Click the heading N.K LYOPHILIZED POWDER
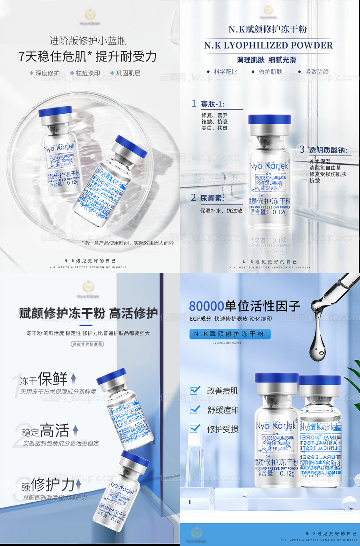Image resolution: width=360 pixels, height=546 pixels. (268, 45)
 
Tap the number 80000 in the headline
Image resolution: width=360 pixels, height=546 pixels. (206, 306)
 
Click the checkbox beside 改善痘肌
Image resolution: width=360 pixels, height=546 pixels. (195, 390)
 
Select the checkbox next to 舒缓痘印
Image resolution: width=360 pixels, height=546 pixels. (195, 409)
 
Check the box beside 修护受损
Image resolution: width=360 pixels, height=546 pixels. (195, 429)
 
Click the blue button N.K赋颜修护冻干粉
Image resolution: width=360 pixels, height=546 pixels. (230, 334)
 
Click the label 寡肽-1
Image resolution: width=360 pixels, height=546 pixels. (212, 104)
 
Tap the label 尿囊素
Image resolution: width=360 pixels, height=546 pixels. (212, 198)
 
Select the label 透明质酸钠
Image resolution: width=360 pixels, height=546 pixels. (328, 150)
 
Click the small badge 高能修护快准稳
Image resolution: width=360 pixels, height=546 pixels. (87, 344)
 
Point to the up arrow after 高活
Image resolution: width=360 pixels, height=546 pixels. (75, 431)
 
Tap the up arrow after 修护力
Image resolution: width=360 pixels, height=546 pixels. (78, 484)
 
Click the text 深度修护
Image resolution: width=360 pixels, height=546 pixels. (47, 73)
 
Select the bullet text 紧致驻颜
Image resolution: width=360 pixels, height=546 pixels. (317, 72)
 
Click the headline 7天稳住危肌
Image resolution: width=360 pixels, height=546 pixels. (52, 56)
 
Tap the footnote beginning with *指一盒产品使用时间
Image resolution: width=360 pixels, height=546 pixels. (128, 243)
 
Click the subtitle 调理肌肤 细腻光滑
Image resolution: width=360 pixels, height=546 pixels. (266, 60)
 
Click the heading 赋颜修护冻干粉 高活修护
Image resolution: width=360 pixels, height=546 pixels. (88, 313)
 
